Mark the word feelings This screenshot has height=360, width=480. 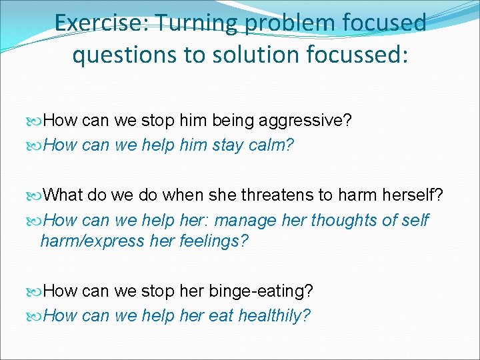213,241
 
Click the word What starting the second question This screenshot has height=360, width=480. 66,195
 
